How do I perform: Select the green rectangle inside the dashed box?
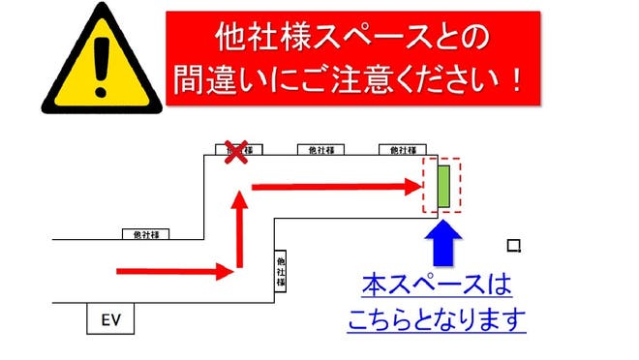pos(443,186)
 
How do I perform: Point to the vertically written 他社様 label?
pos(281,271)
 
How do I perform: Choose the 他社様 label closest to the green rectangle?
pos(401,150)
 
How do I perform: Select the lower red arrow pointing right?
pos(174,271)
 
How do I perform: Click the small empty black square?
pos(514,246)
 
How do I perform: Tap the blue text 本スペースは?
pos(436,286)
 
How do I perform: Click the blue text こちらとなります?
pos(436,318)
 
